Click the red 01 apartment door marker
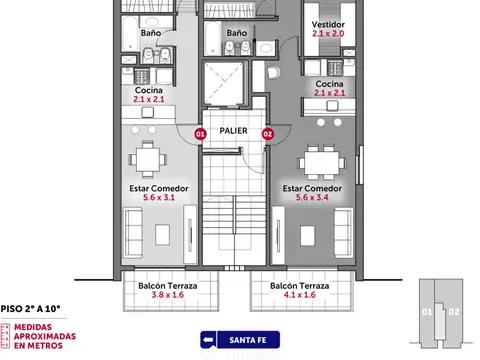200,134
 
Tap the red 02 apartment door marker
268,134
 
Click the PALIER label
233,131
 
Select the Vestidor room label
328,24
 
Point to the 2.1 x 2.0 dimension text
328,33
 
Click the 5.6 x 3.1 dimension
159,197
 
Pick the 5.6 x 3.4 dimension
312,197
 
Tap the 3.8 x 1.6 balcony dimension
168,295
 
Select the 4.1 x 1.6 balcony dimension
300,295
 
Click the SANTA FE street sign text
248,340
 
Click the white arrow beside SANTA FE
208,340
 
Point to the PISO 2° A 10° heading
30,309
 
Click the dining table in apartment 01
148,160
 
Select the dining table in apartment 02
322,163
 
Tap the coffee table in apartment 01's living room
162,235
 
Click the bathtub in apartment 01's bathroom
130,34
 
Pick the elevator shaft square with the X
224,83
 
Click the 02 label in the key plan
454,312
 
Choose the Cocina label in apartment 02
329,84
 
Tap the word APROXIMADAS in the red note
45,336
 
